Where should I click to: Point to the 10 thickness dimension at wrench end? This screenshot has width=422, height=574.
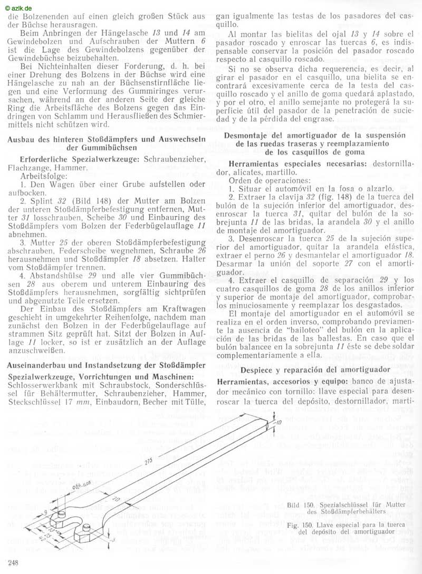(279, 422)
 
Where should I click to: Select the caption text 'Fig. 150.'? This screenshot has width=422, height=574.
(303, 524)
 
